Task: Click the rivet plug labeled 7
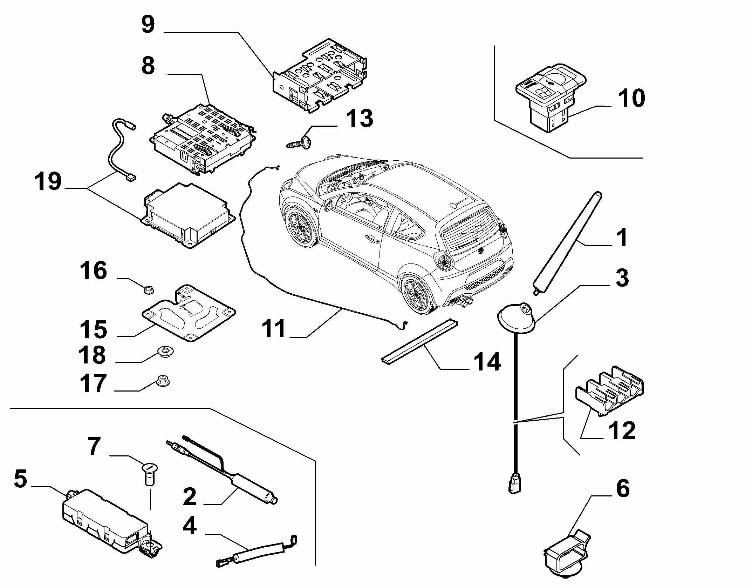coord(150,474)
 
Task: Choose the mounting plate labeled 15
coord(189,313)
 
